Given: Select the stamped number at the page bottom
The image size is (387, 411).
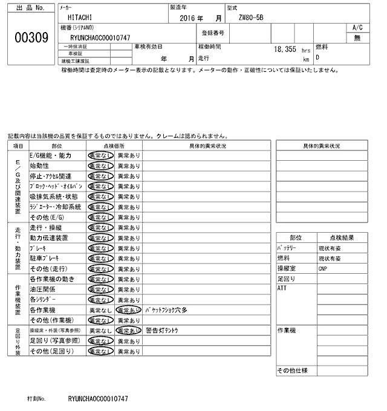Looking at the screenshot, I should pyautogui.click(x=98, y=399).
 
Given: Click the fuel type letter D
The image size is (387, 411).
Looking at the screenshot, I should pyautogui.click(x=317, y=58).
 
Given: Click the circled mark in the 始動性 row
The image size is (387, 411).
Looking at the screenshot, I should pyautogui.click(x=100, y=166).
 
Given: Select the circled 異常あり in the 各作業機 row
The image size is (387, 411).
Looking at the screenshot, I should pyautogui.click(x=128, y=309).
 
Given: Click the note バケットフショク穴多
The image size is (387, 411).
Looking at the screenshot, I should pyautogui.click(x=166, y=309).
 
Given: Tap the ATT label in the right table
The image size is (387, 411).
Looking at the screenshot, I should pyautogui.click(x=282, y=288).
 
